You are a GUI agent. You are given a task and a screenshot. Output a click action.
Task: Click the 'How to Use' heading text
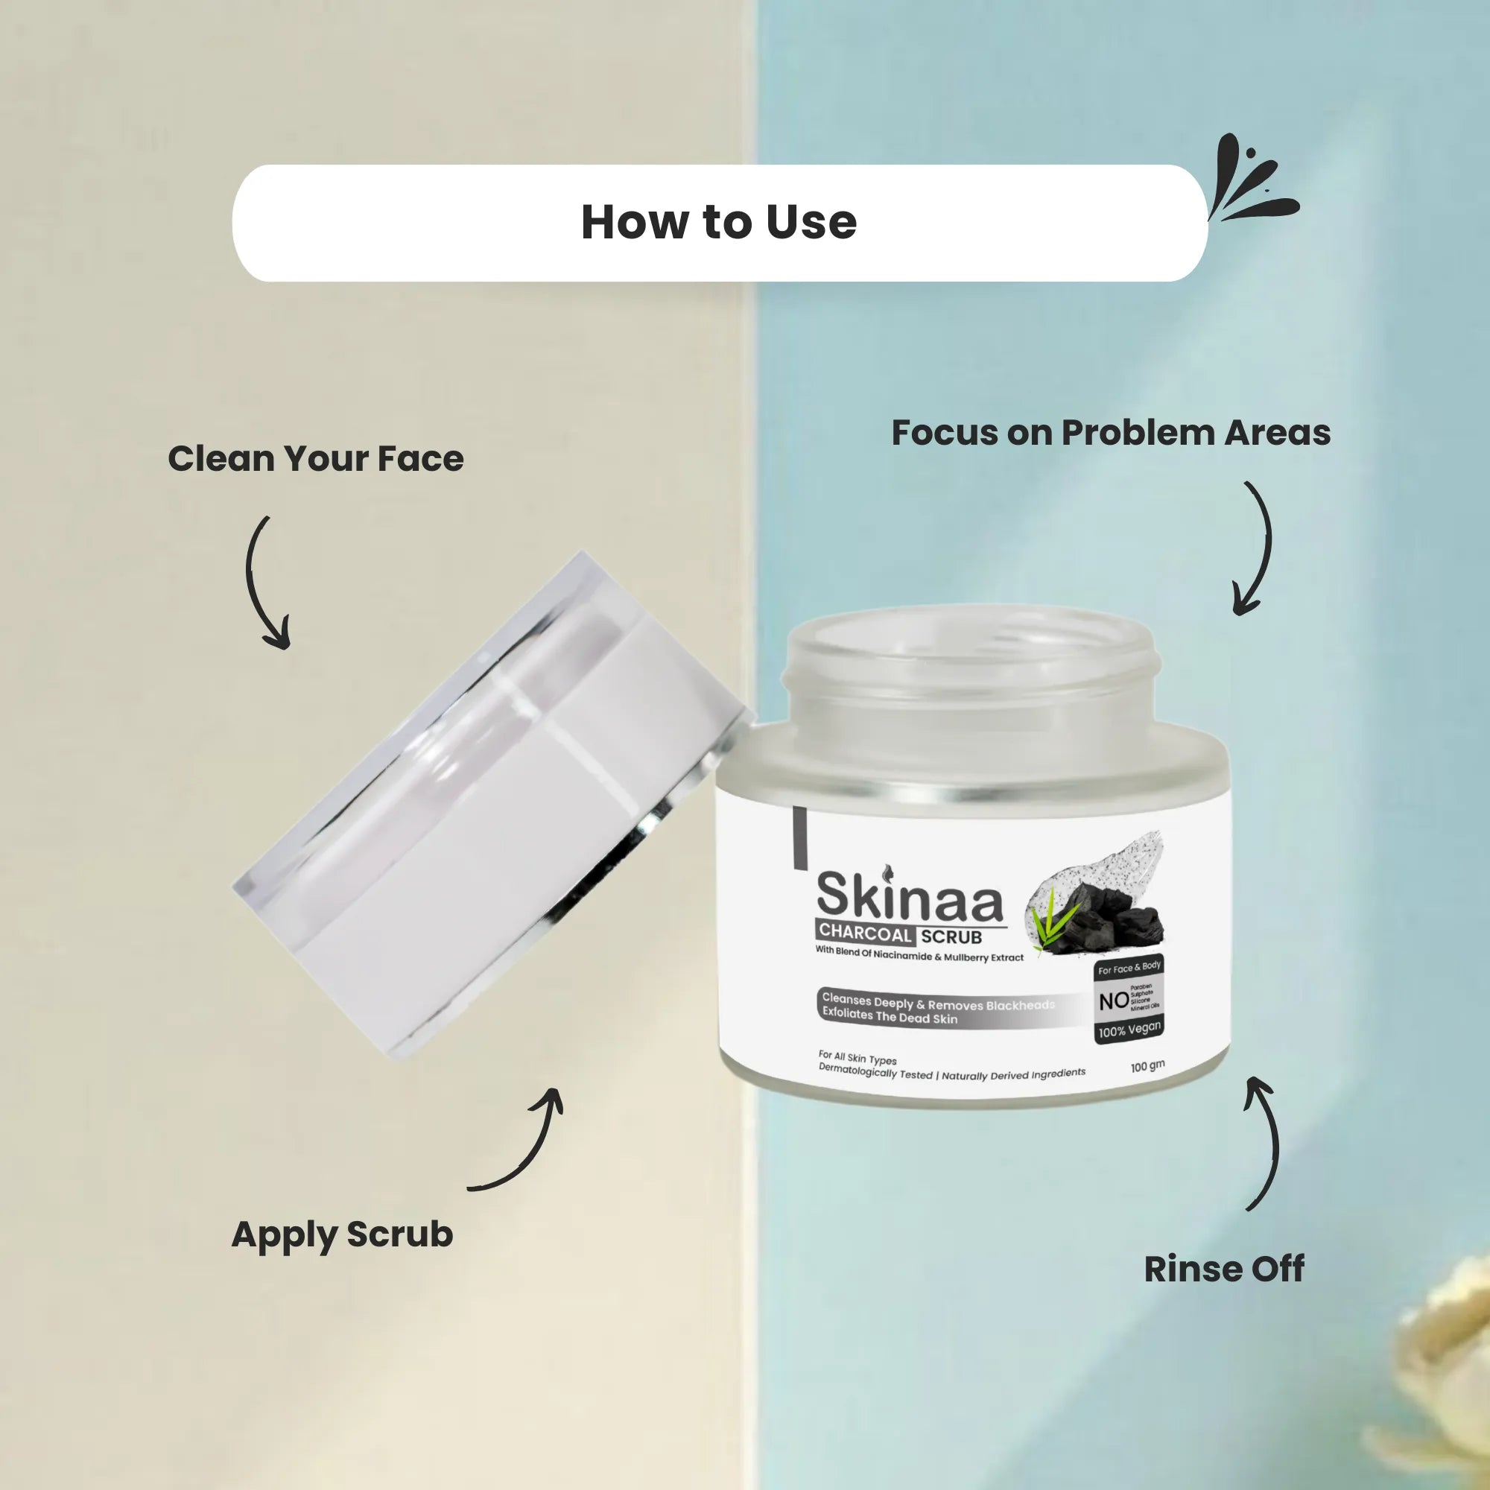718,222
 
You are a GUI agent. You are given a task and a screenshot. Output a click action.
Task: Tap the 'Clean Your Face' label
315,459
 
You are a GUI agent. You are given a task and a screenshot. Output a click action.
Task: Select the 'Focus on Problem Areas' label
1111,433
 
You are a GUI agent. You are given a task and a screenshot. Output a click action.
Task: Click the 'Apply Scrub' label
342,1234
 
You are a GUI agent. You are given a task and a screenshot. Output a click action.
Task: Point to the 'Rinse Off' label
1224,1269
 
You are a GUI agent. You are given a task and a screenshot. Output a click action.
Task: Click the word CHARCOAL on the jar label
865,933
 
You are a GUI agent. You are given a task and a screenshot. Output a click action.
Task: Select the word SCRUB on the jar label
951,937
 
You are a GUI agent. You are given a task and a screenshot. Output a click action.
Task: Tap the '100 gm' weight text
1147,1067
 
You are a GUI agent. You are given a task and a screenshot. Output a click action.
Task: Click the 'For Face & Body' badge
1129,968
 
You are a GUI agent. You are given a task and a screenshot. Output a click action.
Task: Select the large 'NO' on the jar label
1114,1001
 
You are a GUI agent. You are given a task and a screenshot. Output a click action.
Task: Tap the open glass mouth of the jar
971,663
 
